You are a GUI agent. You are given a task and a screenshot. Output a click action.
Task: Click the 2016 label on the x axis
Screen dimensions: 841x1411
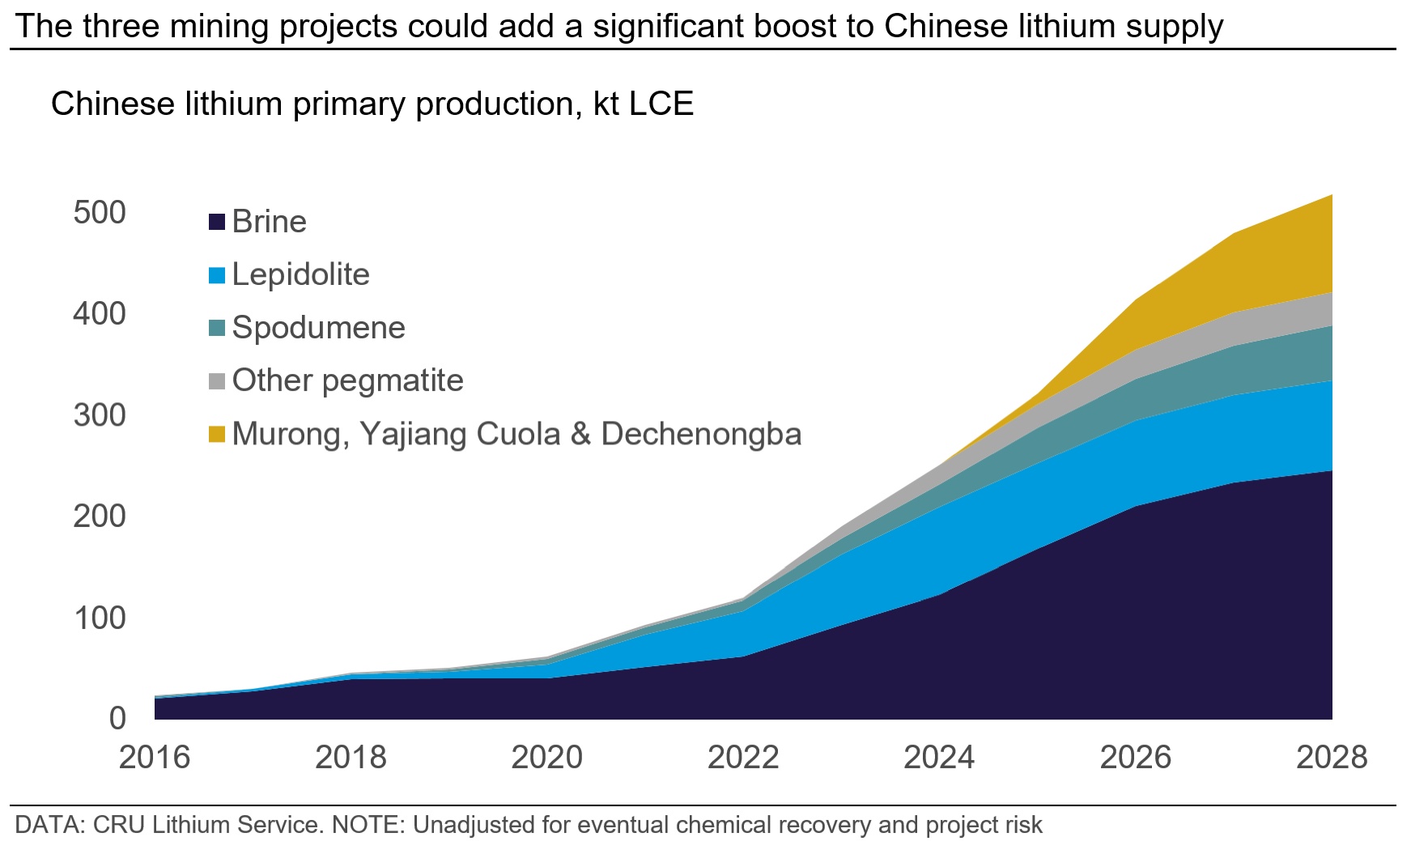(x=155, y=758)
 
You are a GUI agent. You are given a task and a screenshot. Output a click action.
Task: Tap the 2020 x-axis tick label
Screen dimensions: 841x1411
(x=547, y=758)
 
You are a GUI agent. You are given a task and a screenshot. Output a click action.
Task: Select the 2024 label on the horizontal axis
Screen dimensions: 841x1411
(x=939, y=758)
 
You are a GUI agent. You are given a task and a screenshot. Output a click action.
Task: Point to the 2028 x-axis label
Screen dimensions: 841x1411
(x=1332, y=758)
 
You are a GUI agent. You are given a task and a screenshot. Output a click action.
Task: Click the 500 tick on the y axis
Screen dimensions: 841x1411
(x=100, y=213)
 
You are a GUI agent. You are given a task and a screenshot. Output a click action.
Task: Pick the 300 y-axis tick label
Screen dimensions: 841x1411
(x=100, y=415)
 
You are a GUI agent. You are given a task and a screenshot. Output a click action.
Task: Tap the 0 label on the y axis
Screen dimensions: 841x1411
(x=117, y=718)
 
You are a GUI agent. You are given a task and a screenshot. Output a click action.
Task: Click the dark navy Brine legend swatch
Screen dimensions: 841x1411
(x=216, y=222)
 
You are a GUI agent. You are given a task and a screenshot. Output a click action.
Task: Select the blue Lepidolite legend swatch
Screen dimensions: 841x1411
(x=216, y=275)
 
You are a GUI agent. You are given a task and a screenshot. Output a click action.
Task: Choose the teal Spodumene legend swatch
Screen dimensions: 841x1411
(x=216, y=329)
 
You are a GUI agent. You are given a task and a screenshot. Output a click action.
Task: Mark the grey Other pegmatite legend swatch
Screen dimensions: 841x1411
(x=216, y=381)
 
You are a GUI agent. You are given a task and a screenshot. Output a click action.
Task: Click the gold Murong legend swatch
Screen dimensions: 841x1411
(x=216, y=435)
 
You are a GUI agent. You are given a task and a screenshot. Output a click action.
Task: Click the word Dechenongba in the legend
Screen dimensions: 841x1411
(x=701, y=435)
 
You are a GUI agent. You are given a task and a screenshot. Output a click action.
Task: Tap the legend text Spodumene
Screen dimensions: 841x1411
(x=318, y=328)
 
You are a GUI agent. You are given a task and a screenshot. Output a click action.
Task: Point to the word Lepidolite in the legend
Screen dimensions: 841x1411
(x=300, y=275)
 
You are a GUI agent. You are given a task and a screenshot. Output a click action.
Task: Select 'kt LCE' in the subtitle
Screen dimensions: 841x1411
(x=644, y=104)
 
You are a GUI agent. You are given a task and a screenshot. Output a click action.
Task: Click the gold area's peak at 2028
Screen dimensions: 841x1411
(x=1331, y=197)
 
